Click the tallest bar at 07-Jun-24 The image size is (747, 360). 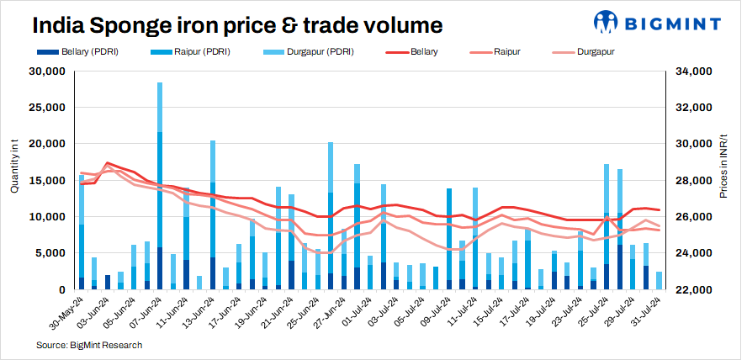[x=160, y=185]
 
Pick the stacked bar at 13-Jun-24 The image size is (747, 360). [x=213, y=214]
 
